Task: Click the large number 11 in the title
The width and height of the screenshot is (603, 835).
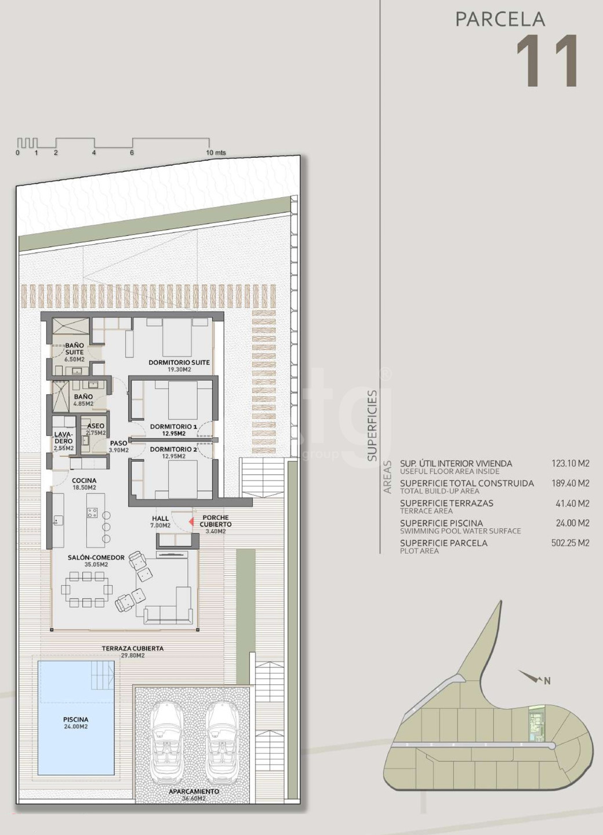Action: coord(548,60)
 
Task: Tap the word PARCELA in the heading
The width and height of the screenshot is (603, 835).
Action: coord(500,19)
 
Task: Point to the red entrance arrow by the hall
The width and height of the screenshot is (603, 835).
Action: coord(191,522)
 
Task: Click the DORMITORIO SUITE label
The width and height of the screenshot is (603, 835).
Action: coord(179,362)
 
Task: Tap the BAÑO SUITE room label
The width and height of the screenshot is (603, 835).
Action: coord(75,348)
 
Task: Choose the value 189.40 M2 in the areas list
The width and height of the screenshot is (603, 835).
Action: coord(570,484)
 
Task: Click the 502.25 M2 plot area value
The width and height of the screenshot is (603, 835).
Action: coord(570,543)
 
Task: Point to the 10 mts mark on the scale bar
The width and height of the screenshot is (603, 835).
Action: coord(216,153)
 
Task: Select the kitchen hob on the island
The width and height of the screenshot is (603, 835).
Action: coord(93,513)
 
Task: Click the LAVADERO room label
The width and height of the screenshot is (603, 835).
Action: coord(63,438)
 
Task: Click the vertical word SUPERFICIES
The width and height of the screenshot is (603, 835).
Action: coord(372,426)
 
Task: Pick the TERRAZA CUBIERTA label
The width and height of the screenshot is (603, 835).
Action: coord(133,648)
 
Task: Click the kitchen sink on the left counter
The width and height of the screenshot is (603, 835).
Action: coord(58,520)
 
